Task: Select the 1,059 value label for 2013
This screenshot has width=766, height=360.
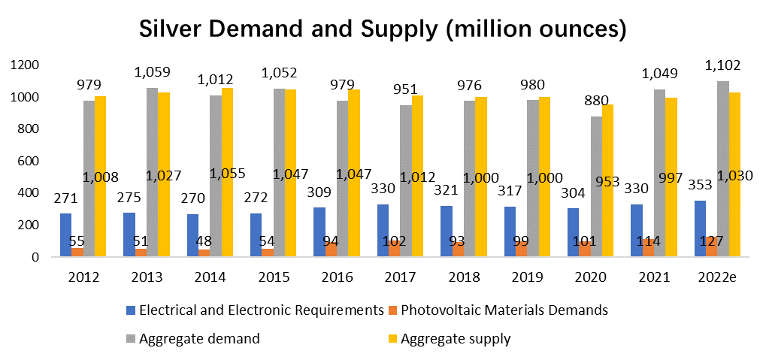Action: (153, 72)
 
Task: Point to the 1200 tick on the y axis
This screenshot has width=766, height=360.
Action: (24, 65)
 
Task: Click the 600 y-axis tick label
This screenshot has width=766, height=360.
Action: (28, 161)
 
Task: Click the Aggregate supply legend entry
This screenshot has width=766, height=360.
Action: (456, 339)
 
